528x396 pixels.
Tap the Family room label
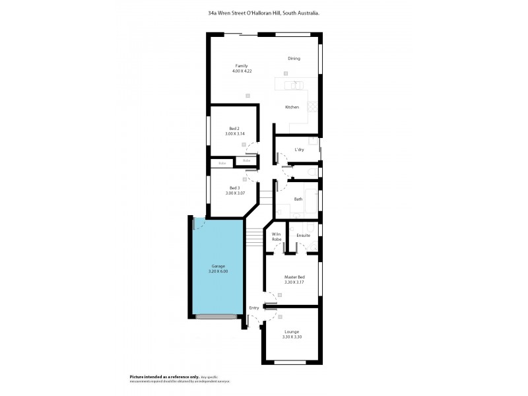(242, 65)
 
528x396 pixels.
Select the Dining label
(294, 59)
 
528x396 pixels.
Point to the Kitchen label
(292, 107)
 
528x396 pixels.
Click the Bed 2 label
(234, 128)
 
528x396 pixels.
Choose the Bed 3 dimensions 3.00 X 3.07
(235, 193)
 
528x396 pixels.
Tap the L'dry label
(299, 149)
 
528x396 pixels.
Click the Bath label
(298, 199)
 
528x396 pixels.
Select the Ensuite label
(303, 235)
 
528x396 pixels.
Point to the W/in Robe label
(277, 237)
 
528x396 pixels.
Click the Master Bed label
(294, 277)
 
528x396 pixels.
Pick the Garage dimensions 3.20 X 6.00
(218, 271)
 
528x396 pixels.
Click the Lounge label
(292, 331)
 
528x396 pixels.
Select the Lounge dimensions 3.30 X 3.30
(292, 337)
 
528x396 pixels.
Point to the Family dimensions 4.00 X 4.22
(242, 71)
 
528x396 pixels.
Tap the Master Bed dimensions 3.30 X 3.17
(294, 282)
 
